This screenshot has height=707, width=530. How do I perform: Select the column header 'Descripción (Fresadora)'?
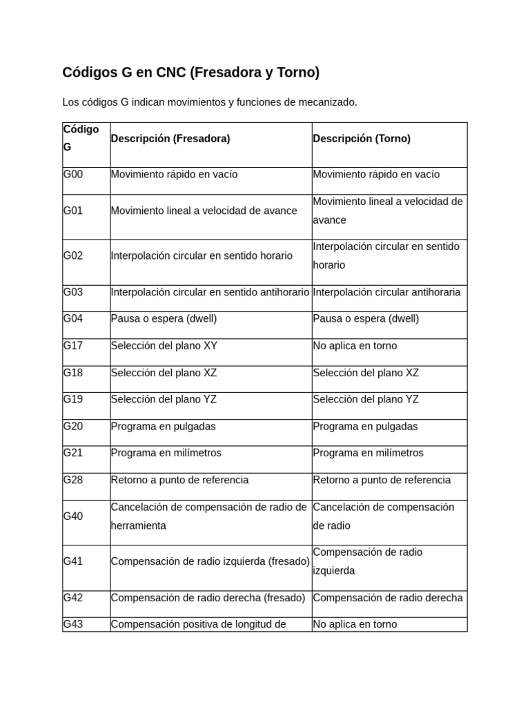[170, 139]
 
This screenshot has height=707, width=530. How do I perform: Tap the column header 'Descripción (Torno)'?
[362, 139]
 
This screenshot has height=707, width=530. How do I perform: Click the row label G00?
[73, 175]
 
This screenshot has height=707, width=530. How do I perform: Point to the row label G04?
[73, 319]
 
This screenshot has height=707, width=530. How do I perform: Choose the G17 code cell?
[73, 346]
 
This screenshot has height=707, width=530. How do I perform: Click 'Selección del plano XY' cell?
[164, 346]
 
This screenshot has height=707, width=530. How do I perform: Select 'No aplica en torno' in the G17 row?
[355, 346]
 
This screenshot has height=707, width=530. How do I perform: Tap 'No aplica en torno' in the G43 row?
[355, 624]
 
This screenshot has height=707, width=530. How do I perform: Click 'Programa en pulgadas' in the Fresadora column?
[163, 427]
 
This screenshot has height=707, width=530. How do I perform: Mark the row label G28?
[73, 481]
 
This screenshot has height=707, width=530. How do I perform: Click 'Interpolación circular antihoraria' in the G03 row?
[386, 292]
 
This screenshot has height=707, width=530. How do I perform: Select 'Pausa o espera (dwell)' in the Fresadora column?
[164, 319]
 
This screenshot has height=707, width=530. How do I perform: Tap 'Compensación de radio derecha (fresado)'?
[208, 598]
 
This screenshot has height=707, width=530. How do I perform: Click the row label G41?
[73, 561]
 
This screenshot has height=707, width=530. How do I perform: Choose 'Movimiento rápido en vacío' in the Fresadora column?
[174, 175]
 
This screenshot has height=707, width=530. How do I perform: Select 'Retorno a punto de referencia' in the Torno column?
[382, 481]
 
